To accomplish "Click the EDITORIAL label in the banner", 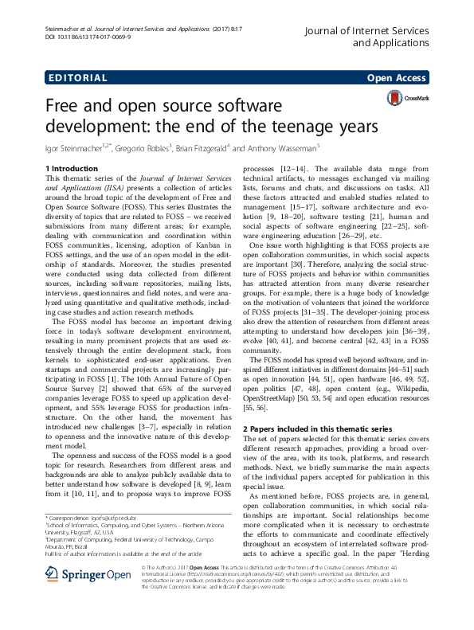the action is coord(77,78).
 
